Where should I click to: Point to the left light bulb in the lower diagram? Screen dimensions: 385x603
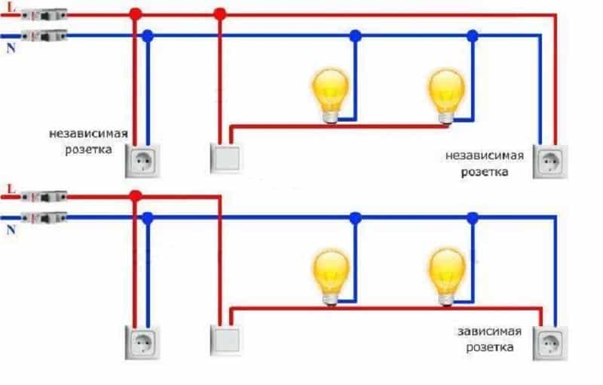[331, 273]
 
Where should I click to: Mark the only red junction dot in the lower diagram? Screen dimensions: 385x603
[136, 196]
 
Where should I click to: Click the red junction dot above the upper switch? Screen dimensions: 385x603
[219, 14]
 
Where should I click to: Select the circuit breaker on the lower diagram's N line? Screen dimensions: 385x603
[44, 217]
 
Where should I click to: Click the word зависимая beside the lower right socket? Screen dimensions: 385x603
[485, 333]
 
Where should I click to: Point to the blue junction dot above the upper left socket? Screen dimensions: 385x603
[148, 35]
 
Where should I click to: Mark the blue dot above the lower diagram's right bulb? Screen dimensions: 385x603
[472, 217]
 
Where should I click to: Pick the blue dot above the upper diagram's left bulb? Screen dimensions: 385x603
[355, 35]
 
